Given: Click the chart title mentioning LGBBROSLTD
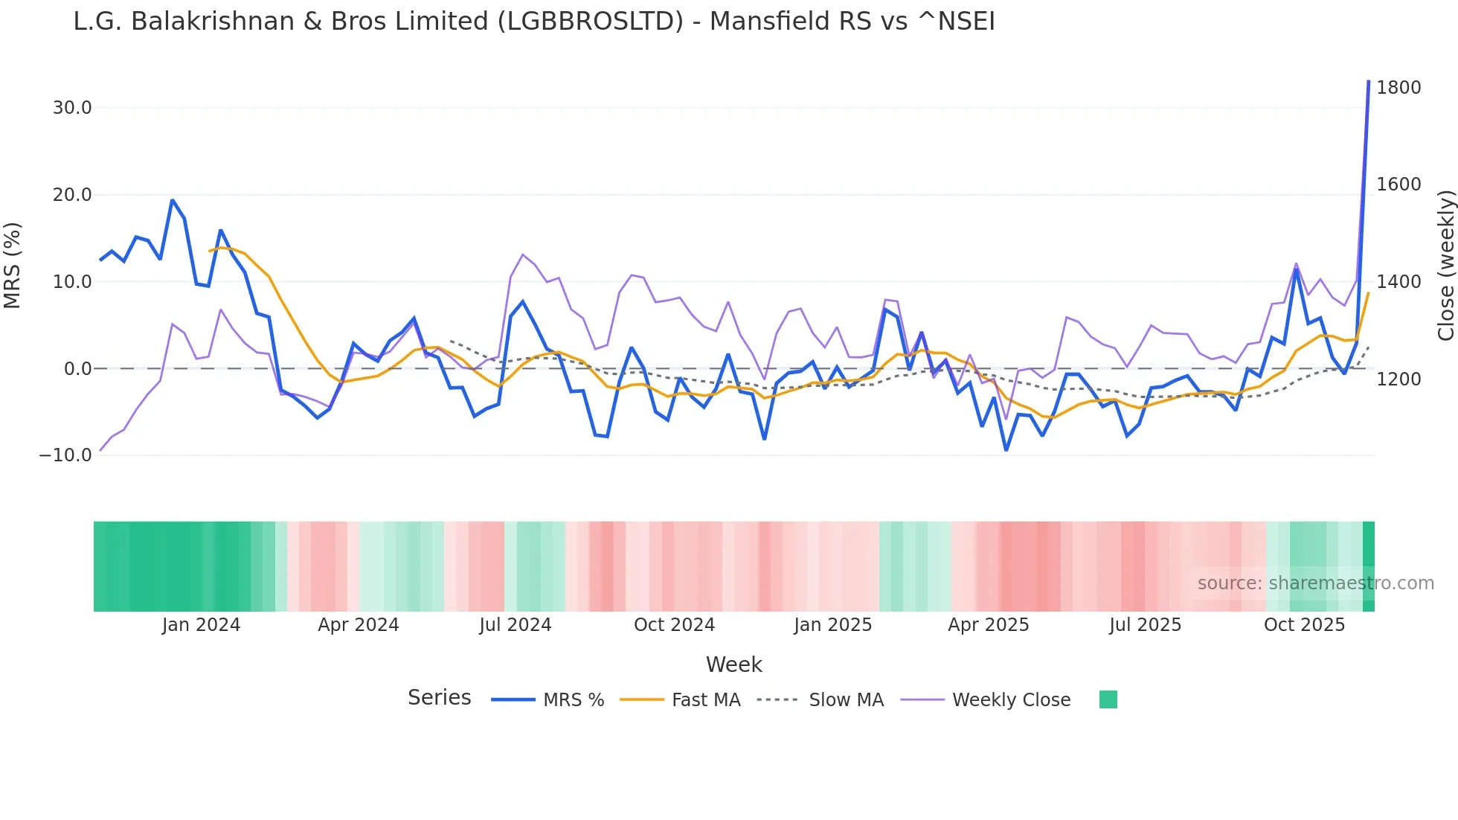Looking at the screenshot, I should click(533, 22).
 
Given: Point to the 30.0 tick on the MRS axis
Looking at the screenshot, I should click(72, 108).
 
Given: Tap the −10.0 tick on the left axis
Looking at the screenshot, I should click(66, 455).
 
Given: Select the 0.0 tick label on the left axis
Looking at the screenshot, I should click(77, 369).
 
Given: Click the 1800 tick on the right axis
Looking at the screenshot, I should click(1398, 88).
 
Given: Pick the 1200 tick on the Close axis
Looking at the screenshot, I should click(1398, 379).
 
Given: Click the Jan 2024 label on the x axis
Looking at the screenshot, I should click(201, 625).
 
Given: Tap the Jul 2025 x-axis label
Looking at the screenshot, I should click(1145, 625).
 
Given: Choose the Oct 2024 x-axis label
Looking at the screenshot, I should click(674, 625).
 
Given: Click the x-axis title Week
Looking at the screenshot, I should click(733, 664).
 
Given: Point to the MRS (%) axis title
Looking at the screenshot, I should click(13, 266).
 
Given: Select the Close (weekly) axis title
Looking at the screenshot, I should click(1445, 266).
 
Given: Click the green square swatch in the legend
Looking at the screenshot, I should click(1108, 699).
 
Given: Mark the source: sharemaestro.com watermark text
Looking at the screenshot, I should click(1315, 583).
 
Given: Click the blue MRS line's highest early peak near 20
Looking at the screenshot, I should click(172, 200).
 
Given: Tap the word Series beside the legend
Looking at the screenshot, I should click(439, 698).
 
